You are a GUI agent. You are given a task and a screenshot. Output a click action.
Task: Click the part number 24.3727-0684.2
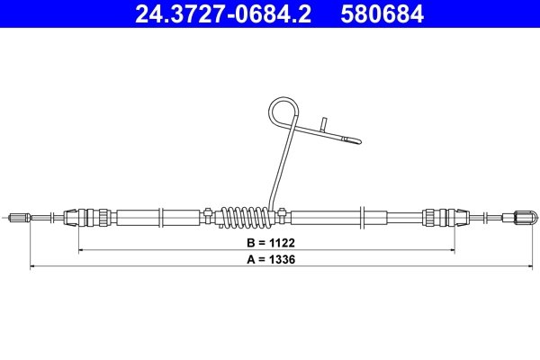click(222, 14)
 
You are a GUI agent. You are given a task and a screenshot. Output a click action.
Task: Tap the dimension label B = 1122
click(269, 243)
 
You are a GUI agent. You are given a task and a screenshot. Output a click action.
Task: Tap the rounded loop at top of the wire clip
click(283, 114)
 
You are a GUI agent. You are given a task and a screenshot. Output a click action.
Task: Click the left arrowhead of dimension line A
click(33, 266)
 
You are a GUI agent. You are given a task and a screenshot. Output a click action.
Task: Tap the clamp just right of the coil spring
click(284, 215)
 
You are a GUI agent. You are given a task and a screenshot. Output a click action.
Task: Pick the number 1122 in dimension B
click(281, 243)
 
